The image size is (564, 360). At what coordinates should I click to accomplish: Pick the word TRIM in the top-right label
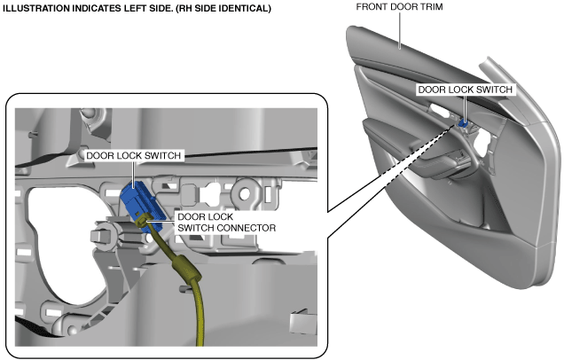coord(429,7)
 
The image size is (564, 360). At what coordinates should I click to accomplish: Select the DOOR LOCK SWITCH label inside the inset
coord(135,155)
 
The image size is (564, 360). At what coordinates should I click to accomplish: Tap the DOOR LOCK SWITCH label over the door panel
coord(465,90)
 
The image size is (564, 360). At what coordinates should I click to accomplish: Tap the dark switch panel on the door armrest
coord(462,160)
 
